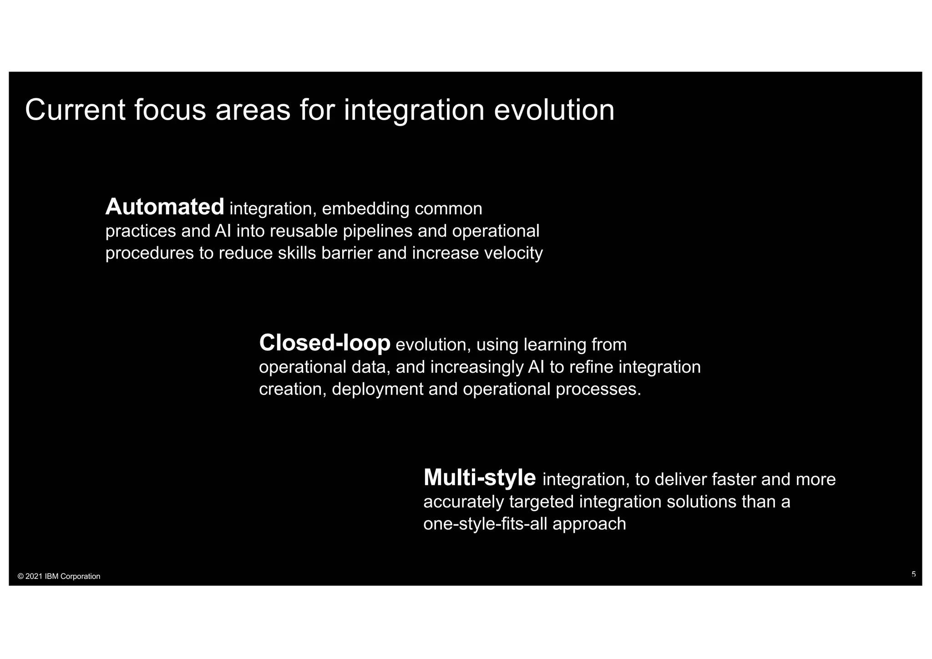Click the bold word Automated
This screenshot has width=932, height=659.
coord(165,208)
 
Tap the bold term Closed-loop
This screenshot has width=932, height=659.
coord(324,343)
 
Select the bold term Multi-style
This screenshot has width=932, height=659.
coord(480,478)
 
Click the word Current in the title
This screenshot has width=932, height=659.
coord(75,110)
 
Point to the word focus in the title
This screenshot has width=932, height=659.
coord(170,110)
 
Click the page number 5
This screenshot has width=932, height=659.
coord(913,574)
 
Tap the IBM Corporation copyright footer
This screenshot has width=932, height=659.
coord(59,577)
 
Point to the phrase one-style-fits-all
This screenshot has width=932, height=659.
coord(485,524)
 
